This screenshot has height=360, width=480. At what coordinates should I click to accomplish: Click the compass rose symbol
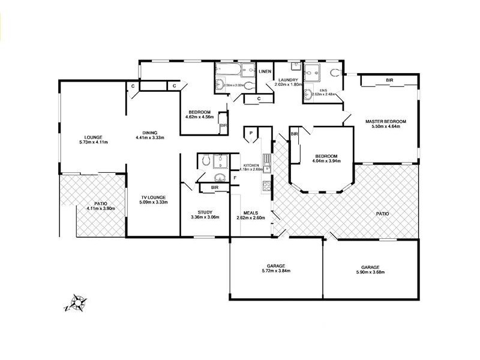[x=76, y=303]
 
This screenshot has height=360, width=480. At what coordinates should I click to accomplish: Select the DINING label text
[x=150, y=133]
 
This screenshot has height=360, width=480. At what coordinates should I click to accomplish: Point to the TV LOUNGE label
[x=154, y=197]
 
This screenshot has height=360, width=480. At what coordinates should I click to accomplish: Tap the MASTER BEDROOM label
[x=385, y=122]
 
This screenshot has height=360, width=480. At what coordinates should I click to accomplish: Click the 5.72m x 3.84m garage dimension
[x=275, y=271]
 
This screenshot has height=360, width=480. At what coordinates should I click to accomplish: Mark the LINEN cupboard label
[x=265, y=72]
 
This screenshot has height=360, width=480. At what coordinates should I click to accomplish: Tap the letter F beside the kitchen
[x=235, y=178]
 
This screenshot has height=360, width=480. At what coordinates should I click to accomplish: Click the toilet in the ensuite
[x=335, y=73]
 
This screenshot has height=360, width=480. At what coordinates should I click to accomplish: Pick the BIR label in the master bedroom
[x=389, y=80]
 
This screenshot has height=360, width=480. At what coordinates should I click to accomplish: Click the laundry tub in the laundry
[x=296, y=66]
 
